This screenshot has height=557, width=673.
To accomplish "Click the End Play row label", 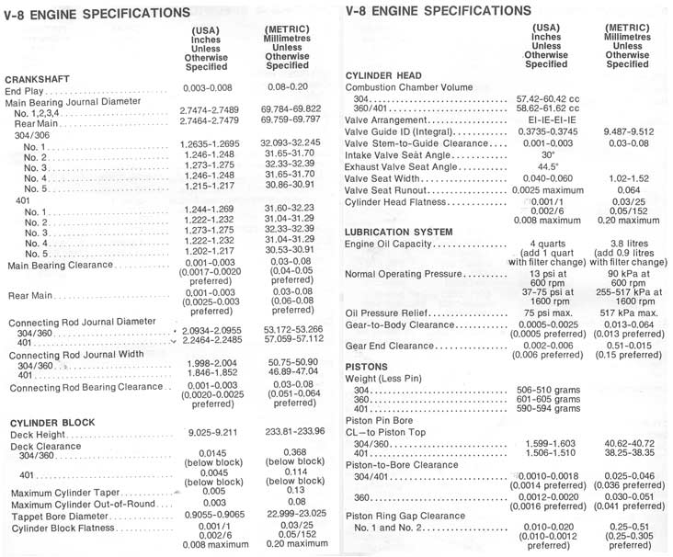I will [27, 92].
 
